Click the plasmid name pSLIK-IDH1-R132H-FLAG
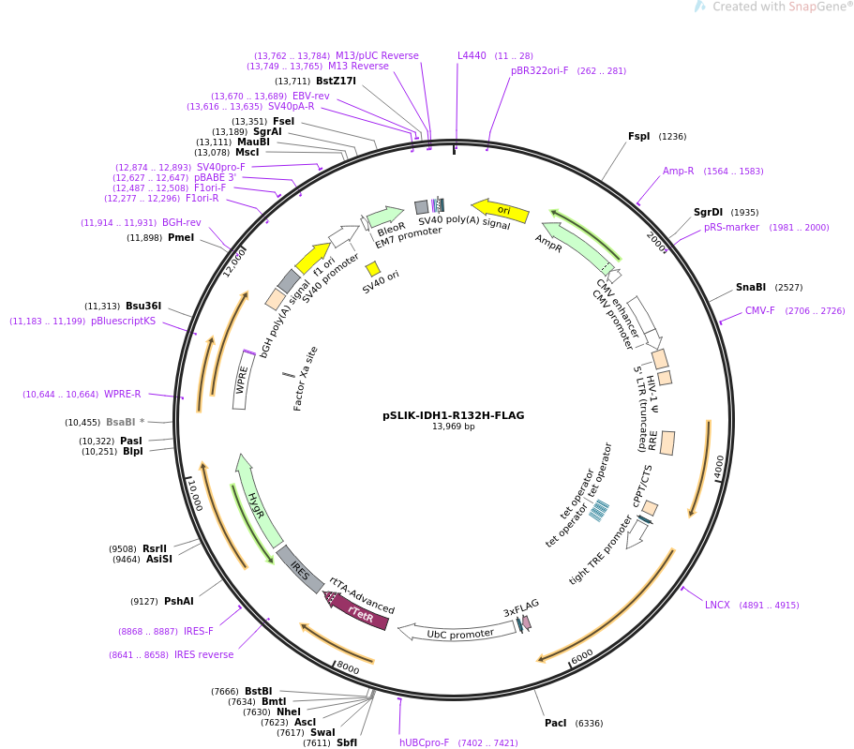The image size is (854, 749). tap(453, 415)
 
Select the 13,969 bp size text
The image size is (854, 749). tap(453, 427)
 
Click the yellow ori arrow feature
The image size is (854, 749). tap(501, 210)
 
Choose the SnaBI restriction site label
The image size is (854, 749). tap(750, 288)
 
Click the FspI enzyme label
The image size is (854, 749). tap(638, 137)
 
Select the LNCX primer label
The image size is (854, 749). tap(717, 606)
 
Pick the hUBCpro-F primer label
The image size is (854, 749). tap(424, 742)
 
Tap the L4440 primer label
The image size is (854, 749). tap(472, 55)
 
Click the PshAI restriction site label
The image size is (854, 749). tap(178, 602)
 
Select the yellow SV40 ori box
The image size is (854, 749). tap(372, 269)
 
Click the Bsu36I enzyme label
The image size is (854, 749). tap(143, 307)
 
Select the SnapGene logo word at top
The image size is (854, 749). tap(814, 7)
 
